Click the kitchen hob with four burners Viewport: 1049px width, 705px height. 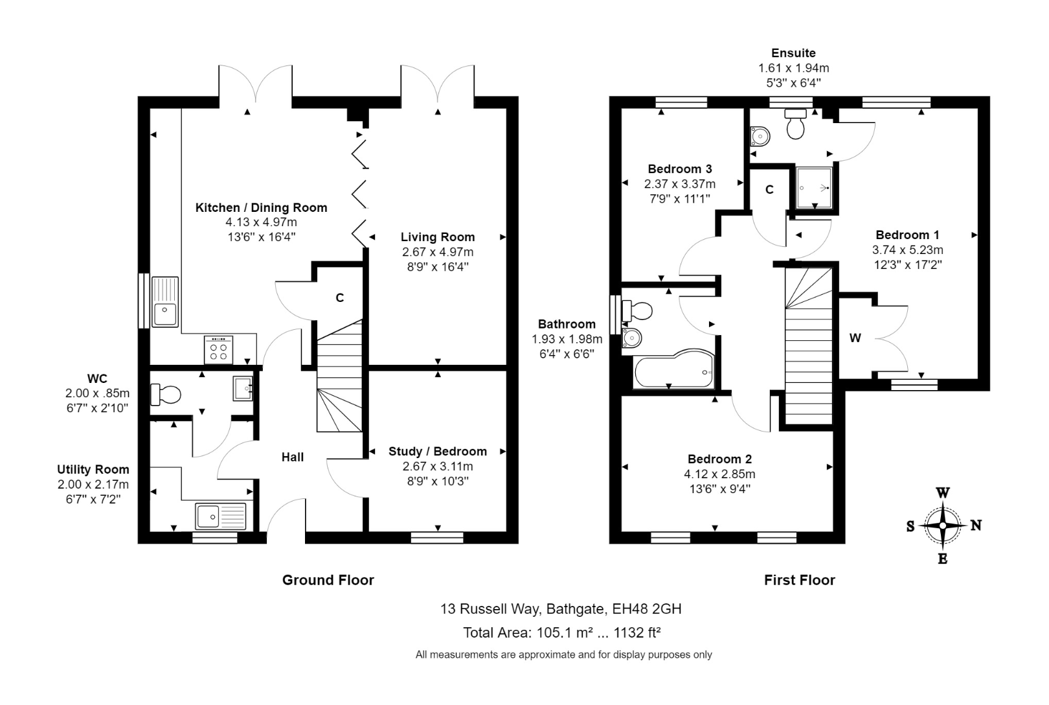219,350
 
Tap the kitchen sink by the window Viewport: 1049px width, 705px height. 164,302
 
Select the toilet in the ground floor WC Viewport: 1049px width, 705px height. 166,393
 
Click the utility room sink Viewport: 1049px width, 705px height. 220,516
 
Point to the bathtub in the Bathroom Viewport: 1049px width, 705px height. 673,373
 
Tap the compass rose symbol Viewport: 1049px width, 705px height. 943,526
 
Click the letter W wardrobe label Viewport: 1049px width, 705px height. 855,338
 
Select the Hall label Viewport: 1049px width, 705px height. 293,457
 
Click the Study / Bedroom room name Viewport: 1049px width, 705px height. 438,452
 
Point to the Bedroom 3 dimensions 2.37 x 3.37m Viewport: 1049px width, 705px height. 680,184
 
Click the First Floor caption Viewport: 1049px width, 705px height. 799,580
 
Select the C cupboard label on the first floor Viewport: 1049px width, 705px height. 769,189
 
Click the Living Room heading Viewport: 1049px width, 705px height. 438,237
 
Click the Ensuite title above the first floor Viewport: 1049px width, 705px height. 793,53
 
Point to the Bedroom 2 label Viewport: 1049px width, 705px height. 719,459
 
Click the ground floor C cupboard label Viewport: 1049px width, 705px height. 339,298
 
